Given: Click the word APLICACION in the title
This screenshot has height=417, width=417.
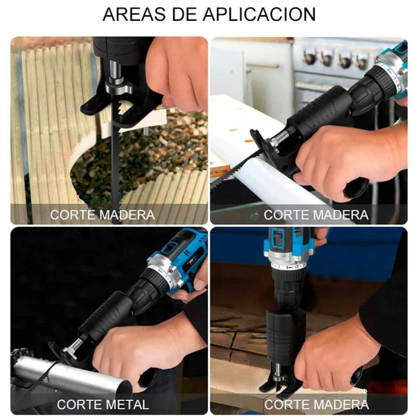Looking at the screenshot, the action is click(259, 14).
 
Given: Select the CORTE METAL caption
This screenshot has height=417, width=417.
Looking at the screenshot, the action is click(103, 404).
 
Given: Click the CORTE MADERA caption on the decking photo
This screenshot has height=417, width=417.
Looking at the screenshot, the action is click(103, 215).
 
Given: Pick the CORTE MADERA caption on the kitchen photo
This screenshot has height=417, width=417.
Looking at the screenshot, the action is click(316, 215).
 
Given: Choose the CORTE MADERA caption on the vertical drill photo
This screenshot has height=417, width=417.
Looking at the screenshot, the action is click(316, 404).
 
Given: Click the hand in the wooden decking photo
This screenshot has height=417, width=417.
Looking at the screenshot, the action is click(178, 72).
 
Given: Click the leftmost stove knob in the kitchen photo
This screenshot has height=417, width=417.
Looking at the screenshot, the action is click(309, 57).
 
